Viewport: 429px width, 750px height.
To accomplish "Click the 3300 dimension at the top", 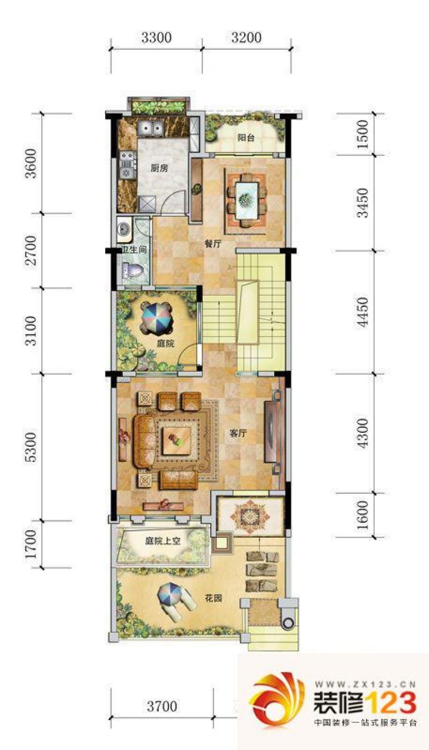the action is tap(156, 37).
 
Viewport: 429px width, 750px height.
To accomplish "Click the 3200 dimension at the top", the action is tap(246, 37).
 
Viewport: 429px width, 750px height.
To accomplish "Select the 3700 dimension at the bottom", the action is tap(162, 697).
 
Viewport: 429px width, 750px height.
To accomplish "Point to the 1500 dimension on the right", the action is tap(363, 134).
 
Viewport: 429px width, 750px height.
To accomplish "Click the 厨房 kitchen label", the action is tap(159, 168).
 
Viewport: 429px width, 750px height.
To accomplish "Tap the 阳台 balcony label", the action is tap(246, 138).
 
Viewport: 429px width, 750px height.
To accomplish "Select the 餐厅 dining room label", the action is tap(213, 244).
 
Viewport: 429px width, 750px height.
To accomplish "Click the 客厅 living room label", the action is tap(238, 433).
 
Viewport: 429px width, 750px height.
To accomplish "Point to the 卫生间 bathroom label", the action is tap(134, 250).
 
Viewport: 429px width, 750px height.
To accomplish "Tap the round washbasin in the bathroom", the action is tap(123, 229).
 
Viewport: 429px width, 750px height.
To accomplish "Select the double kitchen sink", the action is tap(151, 128).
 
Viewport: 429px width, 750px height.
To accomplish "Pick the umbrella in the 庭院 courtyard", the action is tap(157, 319).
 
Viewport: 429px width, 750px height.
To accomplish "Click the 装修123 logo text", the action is tap(365, 703).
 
